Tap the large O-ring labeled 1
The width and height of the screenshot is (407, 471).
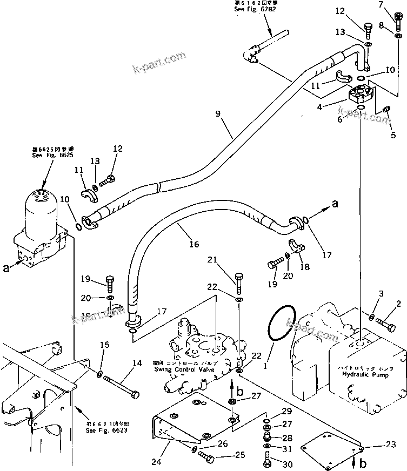(282, 324)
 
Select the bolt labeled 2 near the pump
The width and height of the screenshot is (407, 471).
(384, 325)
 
